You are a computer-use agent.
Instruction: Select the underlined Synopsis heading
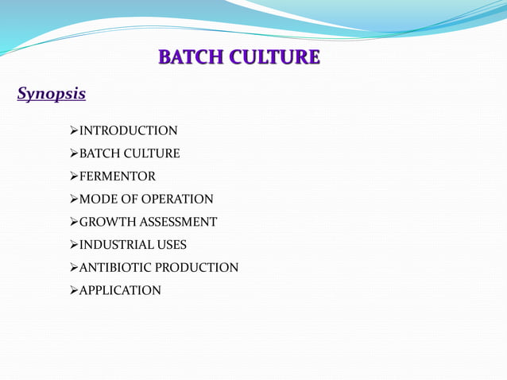click(x=52, y=94)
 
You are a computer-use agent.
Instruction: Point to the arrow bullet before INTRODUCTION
click(x=75, y=130)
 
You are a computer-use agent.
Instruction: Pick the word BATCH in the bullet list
click(x=99, y=153)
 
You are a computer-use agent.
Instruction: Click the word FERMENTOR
click(x=118, y=176)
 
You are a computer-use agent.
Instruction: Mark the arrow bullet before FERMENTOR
click(x=75, y=176)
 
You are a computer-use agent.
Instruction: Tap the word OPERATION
click(x=179, y=200)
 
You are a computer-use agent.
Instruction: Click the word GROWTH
click(x=106, y=223)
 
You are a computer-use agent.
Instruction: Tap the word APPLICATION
click(x=120, y=291)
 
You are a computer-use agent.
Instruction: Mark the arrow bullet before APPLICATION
click(x=75, y=291)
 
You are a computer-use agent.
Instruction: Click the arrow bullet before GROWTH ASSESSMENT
click(x=75, y=223)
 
